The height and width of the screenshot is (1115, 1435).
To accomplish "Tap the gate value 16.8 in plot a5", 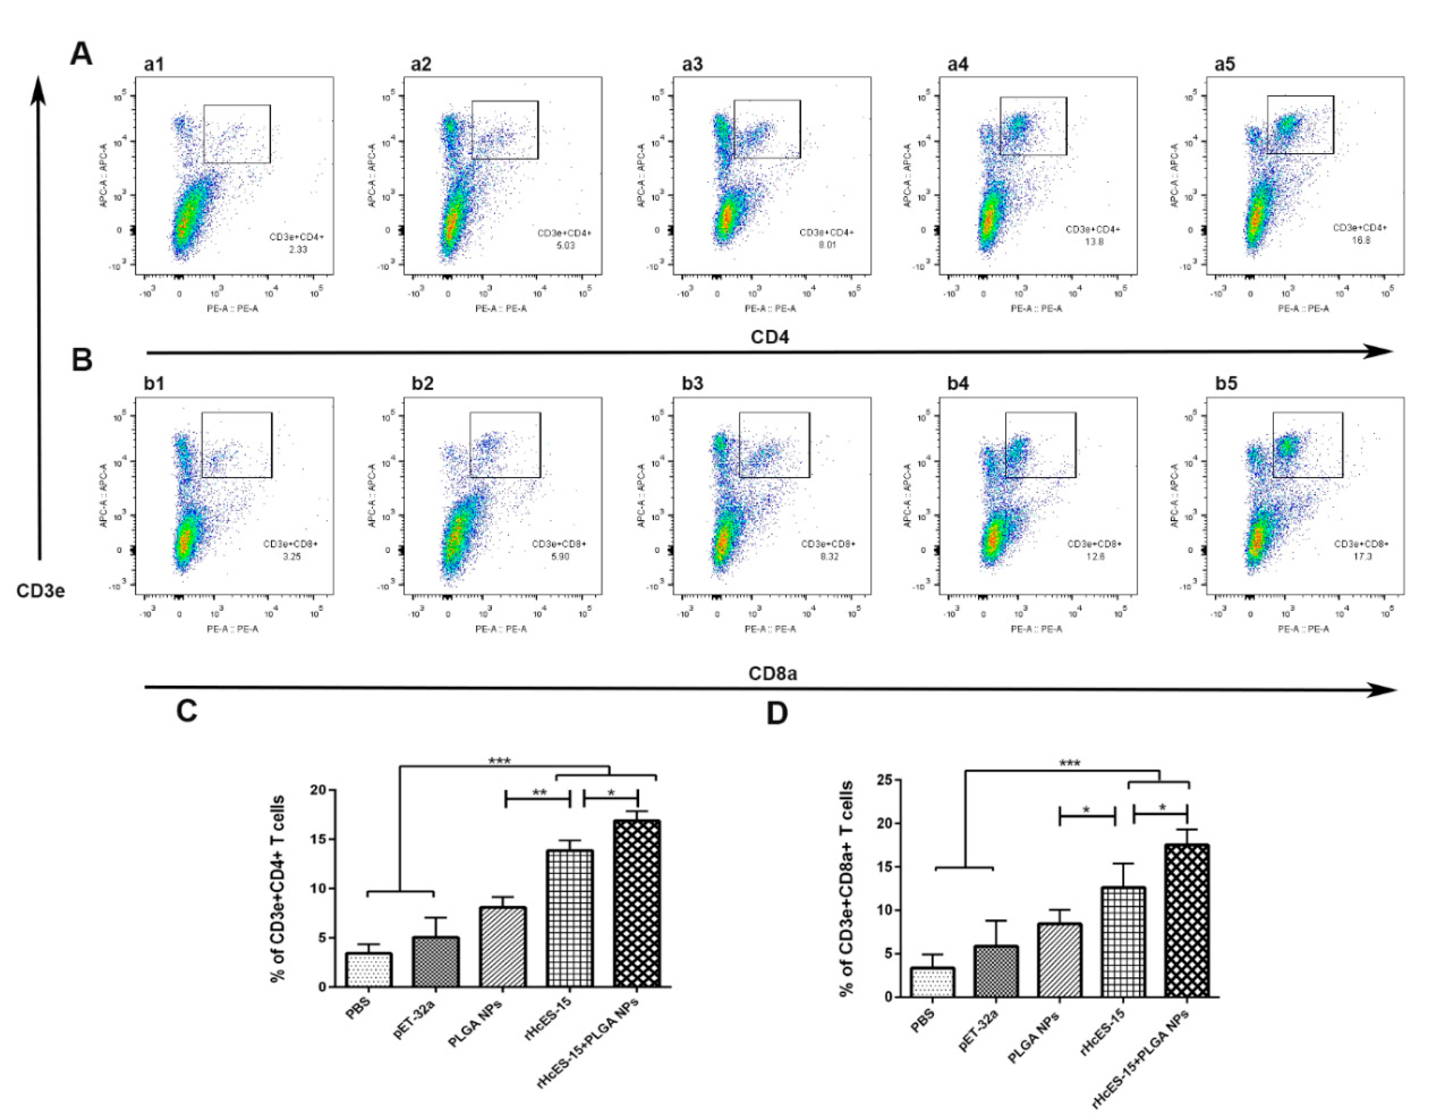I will click(x=1360, y=241).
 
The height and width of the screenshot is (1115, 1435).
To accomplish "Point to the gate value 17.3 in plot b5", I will click(x=1361, y=556).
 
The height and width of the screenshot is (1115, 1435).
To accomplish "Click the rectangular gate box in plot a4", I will click(x=1033, y=126).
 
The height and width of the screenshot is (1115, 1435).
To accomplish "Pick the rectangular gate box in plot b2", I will click(x=505, y=445).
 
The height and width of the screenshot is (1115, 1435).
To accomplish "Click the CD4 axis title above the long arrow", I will click(x=770, y=338).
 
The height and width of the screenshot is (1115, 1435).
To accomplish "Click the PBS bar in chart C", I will click(x=369, y=970).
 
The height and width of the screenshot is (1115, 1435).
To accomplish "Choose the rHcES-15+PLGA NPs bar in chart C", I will click(x=636, y=904).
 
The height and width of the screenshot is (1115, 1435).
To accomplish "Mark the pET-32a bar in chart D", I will click(x=996, y=971).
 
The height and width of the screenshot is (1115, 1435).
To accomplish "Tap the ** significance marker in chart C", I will click(x=539, y=793).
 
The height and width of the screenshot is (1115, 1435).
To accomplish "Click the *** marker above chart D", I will click(x=1070, y=763).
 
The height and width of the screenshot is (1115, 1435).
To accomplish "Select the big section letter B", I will click(x=82, y=360).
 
